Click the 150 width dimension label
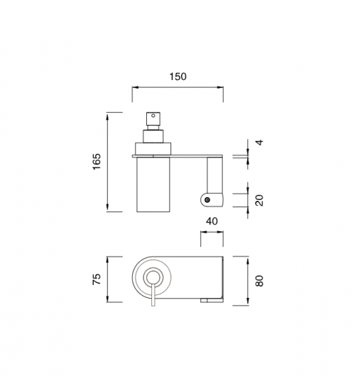(x=178, y=77)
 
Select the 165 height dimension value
(x=97, y=162)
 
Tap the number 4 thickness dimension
(x=260, y=142)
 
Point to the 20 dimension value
(x=259, y=200)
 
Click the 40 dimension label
(x=212, y=221)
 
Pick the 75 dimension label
(x=97, y=279)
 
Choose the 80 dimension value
(x=259, y=281)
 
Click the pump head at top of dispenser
(x=153, y=118)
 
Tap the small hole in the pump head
(x=153, y=116)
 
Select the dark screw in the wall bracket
(x=207, y=200)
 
